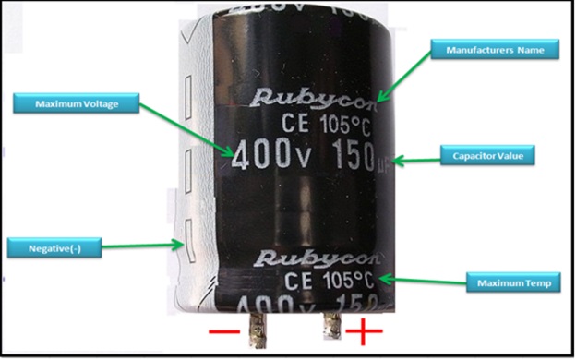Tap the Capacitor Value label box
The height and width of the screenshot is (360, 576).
[487, 155]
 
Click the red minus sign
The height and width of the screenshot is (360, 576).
[224, 330]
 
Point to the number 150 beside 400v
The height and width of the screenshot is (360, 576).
[345, 155]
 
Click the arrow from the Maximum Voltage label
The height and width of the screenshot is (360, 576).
[185, 127]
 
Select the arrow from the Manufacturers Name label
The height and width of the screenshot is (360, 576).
[406, 75]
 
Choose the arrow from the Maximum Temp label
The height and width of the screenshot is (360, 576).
[425, 280]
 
